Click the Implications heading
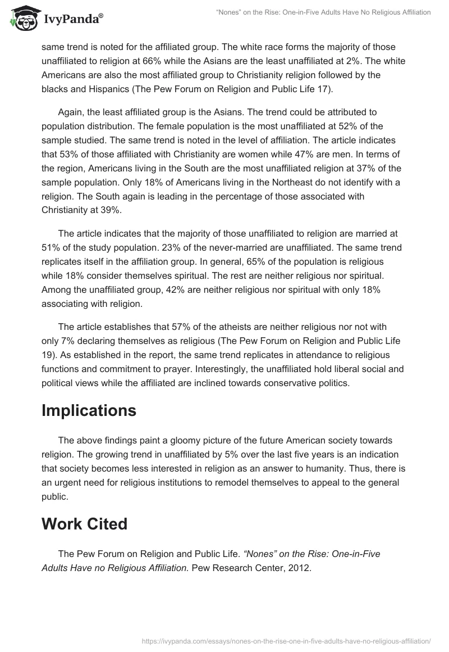pos(89,410)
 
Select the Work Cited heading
pos(84,524)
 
